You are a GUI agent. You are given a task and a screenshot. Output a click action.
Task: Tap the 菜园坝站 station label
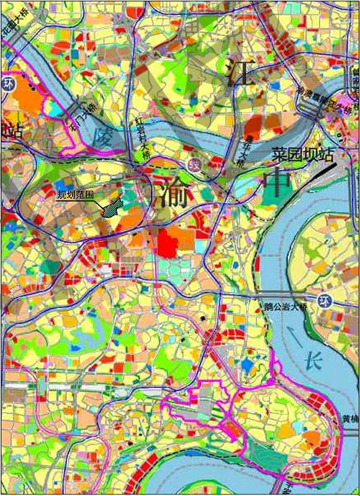click(x=303, y=154)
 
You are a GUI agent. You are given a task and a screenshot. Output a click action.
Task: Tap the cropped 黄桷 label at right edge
click(x=351, y=419)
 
